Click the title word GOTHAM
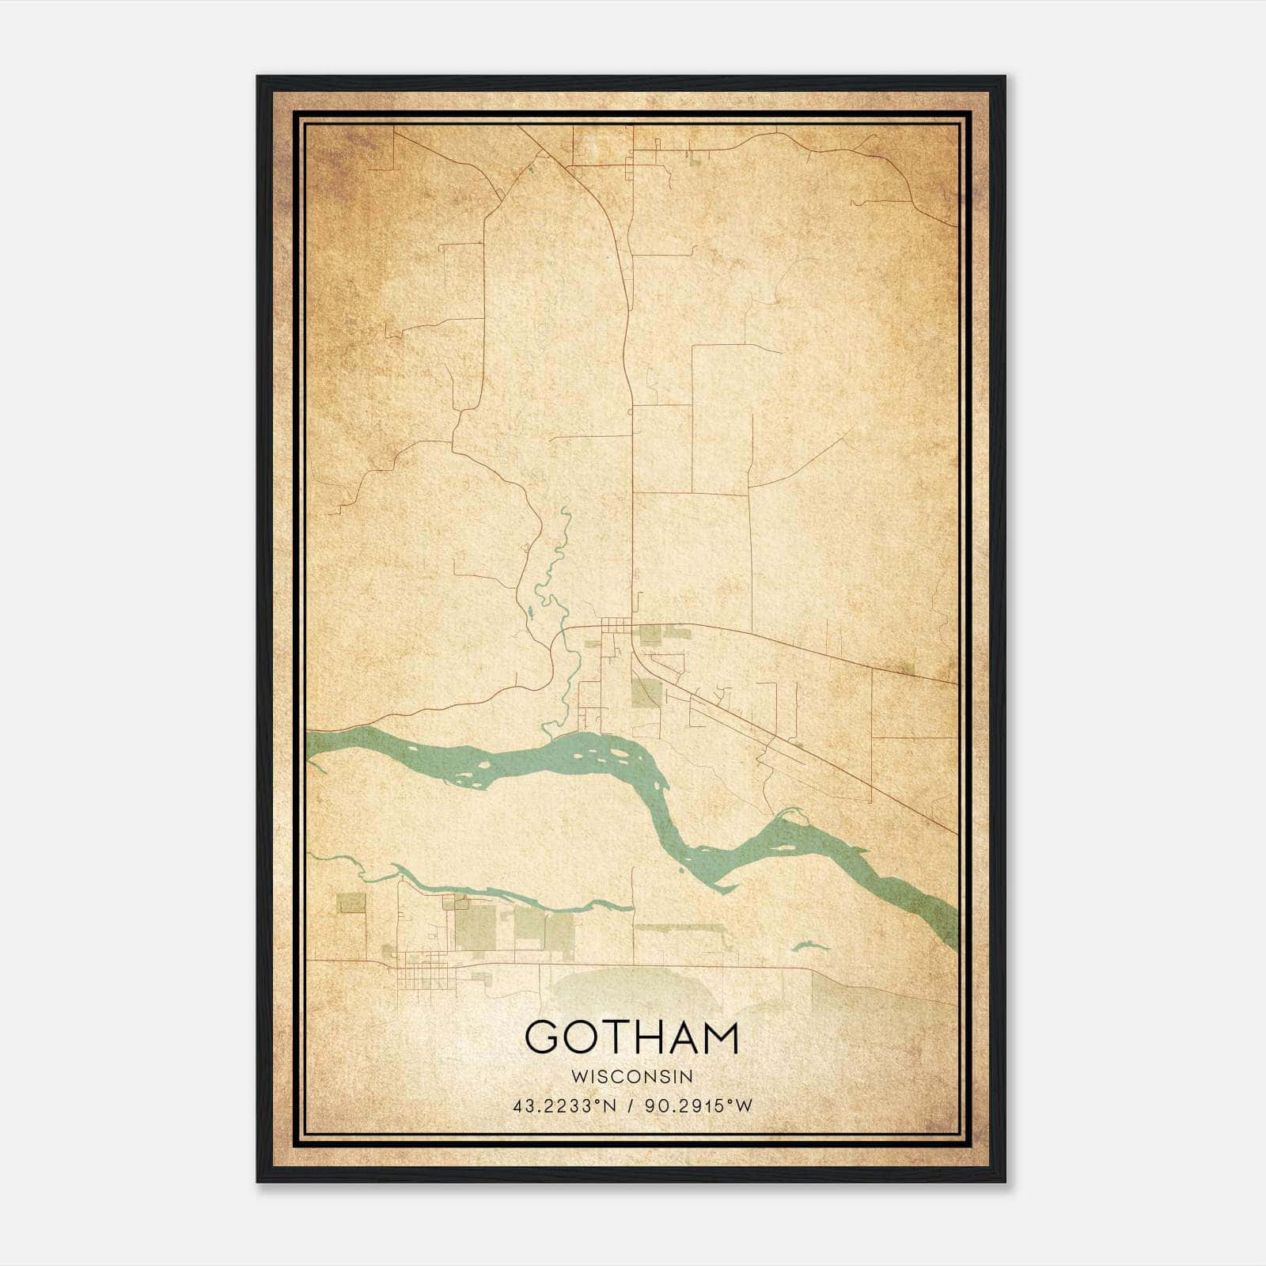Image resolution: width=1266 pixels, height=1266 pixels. click(x=631, y=1037)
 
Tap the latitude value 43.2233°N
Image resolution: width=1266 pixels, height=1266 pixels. click(x=564, y=1106)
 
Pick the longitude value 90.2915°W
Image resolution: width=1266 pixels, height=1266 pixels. click(x=699, y=1106)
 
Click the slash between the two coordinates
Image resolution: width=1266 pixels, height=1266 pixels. click(x=631, y=1106)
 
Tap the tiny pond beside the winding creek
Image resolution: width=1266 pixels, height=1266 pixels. click(x=528, y=612)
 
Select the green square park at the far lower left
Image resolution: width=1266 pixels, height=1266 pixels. click(x=351, y=903)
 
